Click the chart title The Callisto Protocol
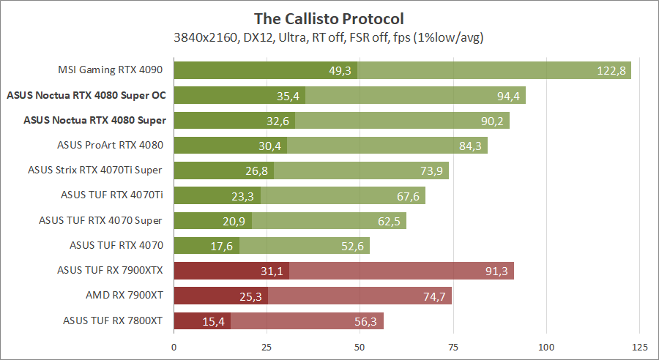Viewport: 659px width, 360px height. click(329, 18)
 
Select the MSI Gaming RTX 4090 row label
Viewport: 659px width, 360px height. click(110, 70)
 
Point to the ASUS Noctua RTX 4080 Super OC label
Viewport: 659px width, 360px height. click(86, 95)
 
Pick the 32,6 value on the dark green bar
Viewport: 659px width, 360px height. click(278, 120)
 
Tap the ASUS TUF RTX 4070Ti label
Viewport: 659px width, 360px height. click(111, 195)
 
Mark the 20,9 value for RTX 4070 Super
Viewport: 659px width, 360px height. click(234, 220)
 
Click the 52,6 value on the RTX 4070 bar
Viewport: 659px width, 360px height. click(352, 246)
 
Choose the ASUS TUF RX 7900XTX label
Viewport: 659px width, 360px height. click(110, 271)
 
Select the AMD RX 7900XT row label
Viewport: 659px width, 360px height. click(124, 296)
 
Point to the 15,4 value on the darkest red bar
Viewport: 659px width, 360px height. click(213, 320)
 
